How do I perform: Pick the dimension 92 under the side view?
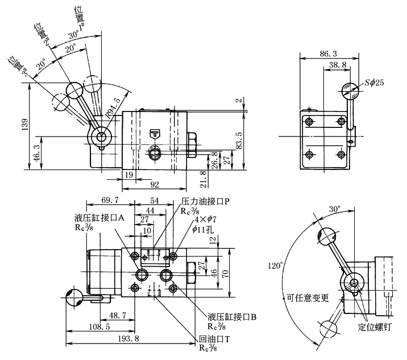155,184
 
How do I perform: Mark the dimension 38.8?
338,65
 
